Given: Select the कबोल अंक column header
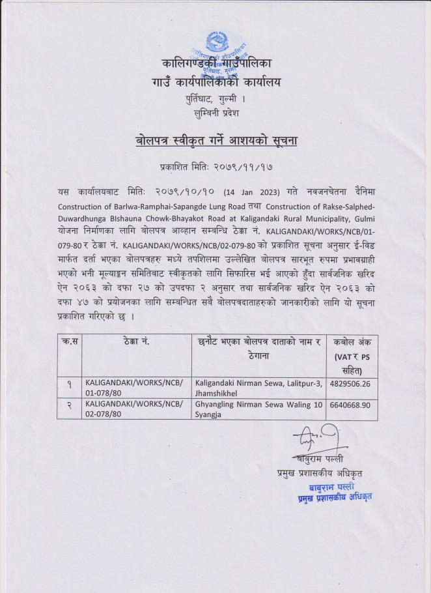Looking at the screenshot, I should [x=352, y=342].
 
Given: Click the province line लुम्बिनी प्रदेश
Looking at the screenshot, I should [x=215, y=113].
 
